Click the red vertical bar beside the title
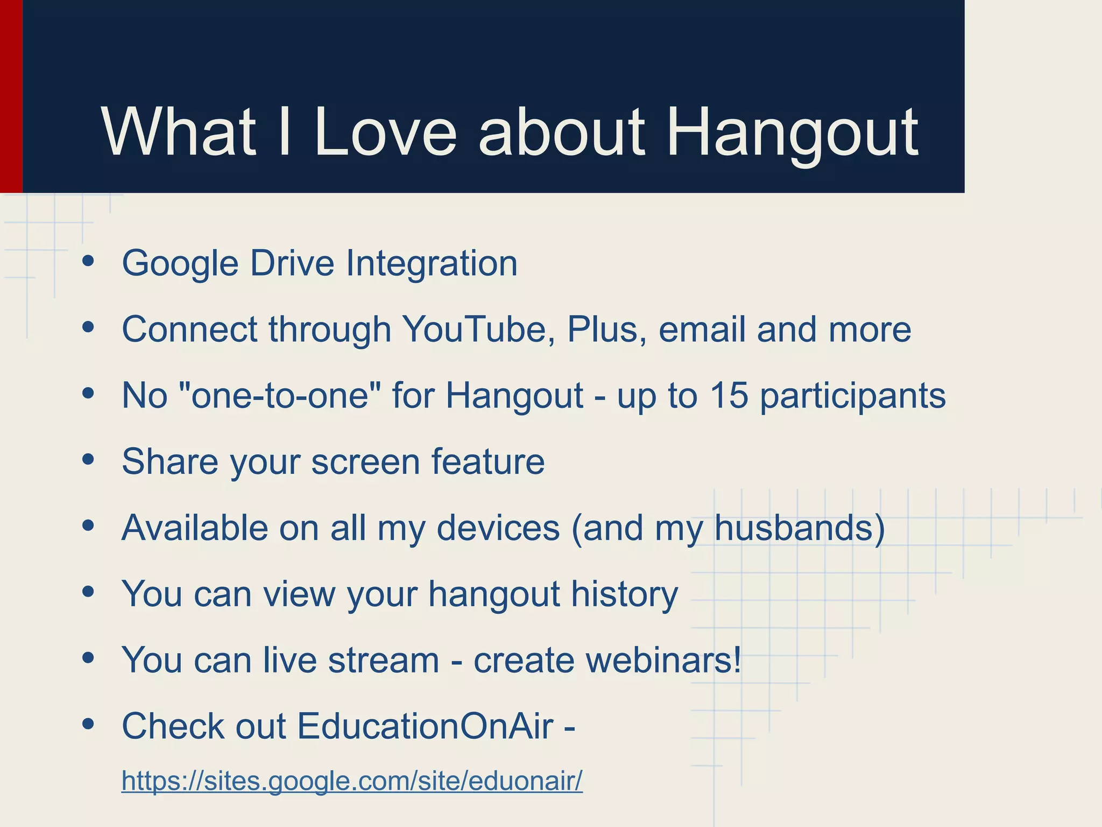11,97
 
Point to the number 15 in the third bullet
729,395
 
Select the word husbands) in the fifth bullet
800,528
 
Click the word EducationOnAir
425,726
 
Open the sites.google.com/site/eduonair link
352,781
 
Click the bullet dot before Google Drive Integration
89,262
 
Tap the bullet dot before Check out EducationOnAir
89,724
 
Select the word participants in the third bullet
852,396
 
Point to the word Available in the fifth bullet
194,528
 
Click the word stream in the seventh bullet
383,660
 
